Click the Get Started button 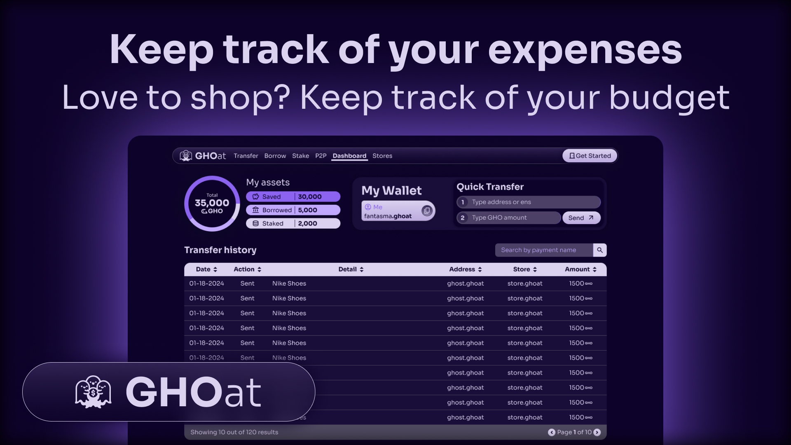[590, 156]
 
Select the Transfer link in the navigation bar [246, 156]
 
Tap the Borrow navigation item [275, 156]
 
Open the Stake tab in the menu [300, 156]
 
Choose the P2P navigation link [321, 156]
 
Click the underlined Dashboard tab [349, 156]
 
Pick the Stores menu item [382, 156]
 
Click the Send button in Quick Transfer [581, 218]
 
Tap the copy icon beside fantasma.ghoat [427, 211]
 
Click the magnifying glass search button [600, 250]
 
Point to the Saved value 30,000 [310, 197]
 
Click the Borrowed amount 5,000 [308, 210]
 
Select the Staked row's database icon [255, 223]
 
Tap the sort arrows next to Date [215, 269]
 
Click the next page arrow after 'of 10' [597, 432]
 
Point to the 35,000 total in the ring [212, 203]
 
